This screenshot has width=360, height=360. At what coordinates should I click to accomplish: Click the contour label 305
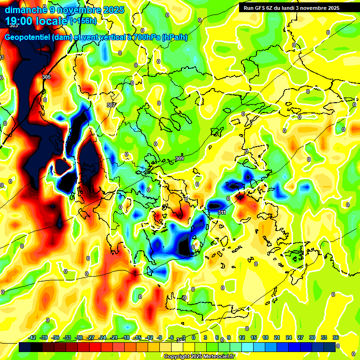point(46,77)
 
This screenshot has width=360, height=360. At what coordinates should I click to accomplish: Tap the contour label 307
point(111,105)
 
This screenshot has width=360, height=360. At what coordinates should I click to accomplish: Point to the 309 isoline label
point(180,159)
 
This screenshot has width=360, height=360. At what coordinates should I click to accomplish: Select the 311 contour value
point(222,212)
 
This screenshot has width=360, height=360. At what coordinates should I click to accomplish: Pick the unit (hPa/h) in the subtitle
point(174,37)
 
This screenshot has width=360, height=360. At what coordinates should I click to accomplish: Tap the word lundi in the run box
point(294,8)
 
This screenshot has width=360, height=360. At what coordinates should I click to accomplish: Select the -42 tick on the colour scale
point(32,337)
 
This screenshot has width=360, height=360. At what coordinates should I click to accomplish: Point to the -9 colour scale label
point(160,337)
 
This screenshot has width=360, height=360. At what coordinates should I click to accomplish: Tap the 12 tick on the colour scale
point(241,337)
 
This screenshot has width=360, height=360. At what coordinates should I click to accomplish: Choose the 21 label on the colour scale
point(277,337)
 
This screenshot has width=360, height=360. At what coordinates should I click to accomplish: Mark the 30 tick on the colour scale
point(312,337)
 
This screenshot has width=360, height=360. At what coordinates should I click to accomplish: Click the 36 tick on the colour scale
point(335,337)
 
